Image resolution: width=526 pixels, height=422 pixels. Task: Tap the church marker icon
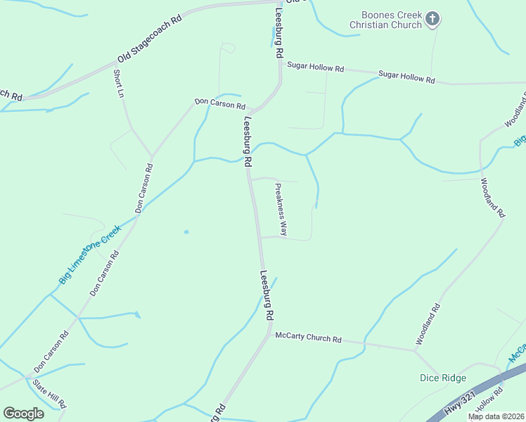tap(433, 19)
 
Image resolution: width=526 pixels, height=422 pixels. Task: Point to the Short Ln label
tap(120, 84)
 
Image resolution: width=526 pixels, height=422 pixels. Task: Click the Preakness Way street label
tap(281, 209)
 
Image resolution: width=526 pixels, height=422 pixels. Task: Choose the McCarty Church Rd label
tap(308, 338)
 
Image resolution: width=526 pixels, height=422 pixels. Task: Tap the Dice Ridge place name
tap(443, 378)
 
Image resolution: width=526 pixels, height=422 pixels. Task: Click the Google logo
tap(23, 413)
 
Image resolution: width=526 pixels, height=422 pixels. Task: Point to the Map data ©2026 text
tap(495, 416)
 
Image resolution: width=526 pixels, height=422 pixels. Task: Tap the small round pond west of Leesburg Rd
tap(186, 231)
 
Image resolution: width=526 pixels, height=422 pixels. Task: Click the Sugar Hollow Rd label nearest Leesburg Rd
tap(316, 68)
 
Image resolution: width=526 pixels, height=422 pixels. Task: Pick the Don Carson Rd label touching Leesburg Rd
tap(219, 105)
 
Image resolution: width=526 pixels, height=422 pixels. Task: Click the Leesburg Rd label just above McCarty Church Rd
tap(267, 296)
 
